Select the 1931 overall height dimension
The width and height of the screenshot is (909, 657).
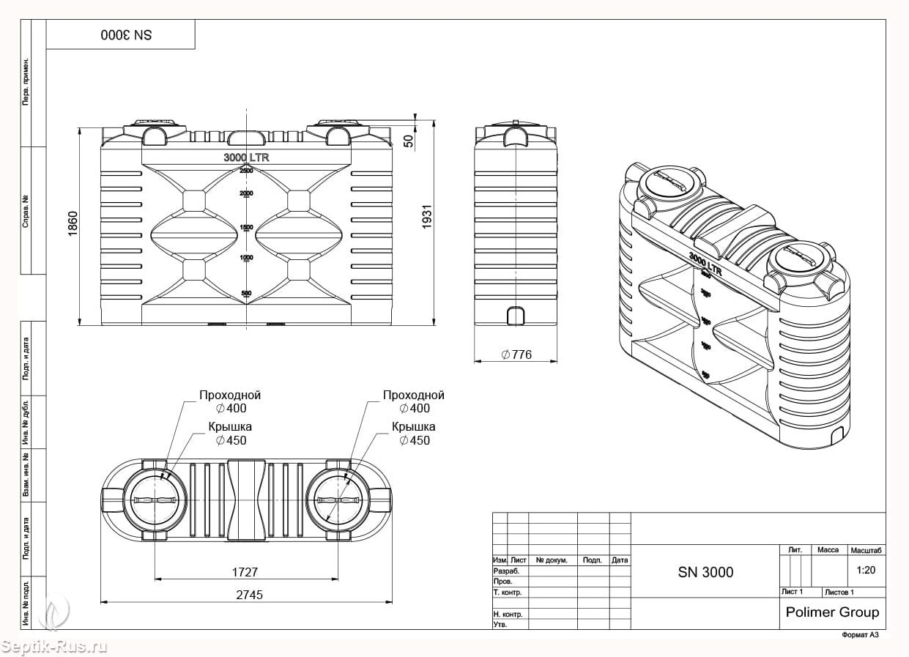(x=428, y=218)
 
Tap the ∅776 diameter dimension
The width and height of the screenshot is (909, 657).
(x=516, y=355)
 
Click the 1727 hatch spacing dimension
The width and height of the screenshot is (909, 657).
(x=245, y=572)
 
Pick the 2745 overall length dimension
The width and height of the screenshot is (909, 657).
(x=249, y=595)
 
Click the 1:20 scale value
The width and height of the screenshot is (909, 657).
(x=866, y=569)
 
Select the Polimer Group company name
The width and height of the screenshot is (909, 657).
(x=832, y=612)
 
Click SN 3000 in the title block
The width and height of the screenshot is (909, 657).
(x=705, y=572)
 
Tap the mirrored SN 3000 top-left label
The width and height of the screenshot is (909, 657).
(x=126, y=35)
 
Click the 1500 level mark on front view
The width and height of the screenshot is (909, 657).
(x=246, y=228)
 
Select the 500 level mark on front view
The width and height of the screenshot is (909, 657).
(x=246, y=294)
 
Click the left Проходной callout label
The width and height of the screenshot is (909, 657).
(x=230, y=396)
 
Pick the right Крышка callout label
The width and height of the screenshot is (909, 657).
(x=413, y=427)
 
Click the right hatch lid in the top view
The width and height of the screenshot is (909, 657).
(x=338, y=500)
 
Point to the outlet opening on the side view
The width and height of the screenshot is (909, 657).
(x=516, y=316)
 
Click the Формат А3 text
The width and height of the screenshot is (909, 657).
(x=859, y=635)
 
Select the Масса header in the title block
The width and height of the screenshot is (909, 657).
(x=828, y=549)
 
